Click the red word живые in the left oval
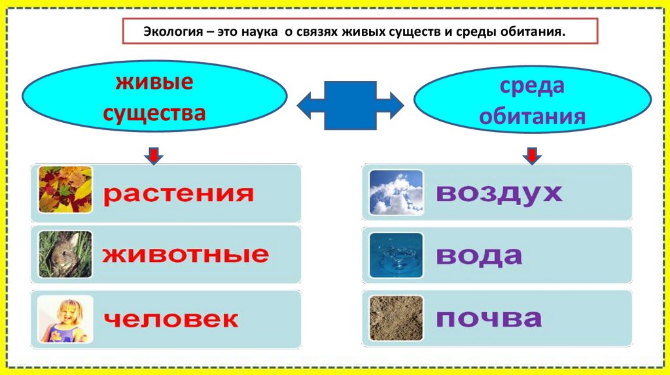tap(154, 83)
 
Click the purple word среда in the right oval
tap(531, 86)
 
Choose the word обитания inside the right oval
tap(531, 116)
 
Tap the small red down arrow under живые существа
tap(154, 155)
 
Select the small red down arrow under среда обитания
tap(531, 155)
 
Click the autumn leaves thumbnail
tap(65, 190)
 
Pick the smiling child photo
tap(65, 319)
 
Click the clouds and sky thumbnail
tap(396, 192)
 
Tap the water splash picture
tap(396, 255)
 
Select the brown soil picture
tap(396, 318)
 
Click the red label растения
tap(178, 194)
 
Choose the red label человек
tap(171, 319)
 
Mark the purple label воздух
tap(499, 193)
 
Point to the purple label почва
tap(489, 319)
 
